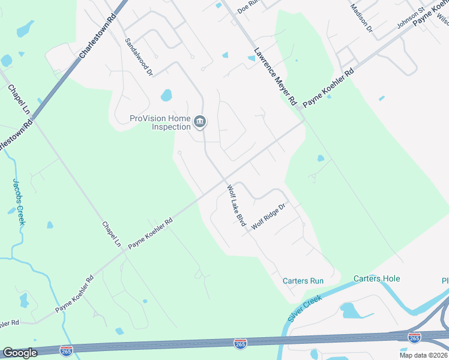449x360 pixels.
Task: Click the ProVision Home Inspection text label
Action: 160,122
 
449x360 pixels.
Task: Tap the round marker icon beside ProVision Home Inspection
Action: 200,123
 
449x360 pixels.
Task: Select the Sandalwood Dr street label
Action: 139,58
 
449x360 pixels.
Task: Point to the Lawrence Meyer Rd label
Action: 276,77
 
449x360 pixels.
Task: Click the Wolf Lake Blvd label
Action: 237,205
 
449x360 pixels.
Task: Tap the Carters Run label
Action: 303,281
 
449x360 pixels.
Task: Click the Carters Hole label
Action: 376,278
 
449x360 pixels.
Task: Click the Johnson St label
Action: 411,18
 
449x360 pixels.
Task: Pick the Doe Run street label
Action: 247,7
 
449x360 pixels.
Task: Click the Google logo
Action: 20,353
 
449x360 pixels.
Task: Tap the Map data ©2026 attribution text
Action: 423,355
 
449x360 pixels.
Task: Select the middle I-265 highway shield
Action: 240,343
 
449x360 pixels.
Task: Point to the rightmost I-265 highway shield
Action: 414,338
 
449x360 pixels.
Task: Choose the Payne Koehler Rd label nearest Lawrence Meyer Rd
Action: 328,88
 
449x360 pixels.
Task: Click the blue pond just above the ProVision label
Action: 166,95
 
